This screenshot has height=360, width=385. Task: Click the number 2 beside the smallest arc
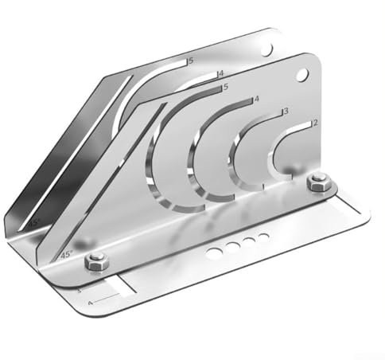pos(316,123)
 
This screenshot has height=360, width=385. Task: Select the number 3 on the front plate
pos(285,112)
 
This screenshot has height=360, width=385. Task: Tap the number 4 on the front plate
pos(256,100)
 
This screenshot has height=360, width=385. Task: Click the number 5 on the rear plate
pos(189,60)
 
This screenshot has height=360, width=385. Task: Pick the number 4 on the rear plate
pos(220,74)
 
